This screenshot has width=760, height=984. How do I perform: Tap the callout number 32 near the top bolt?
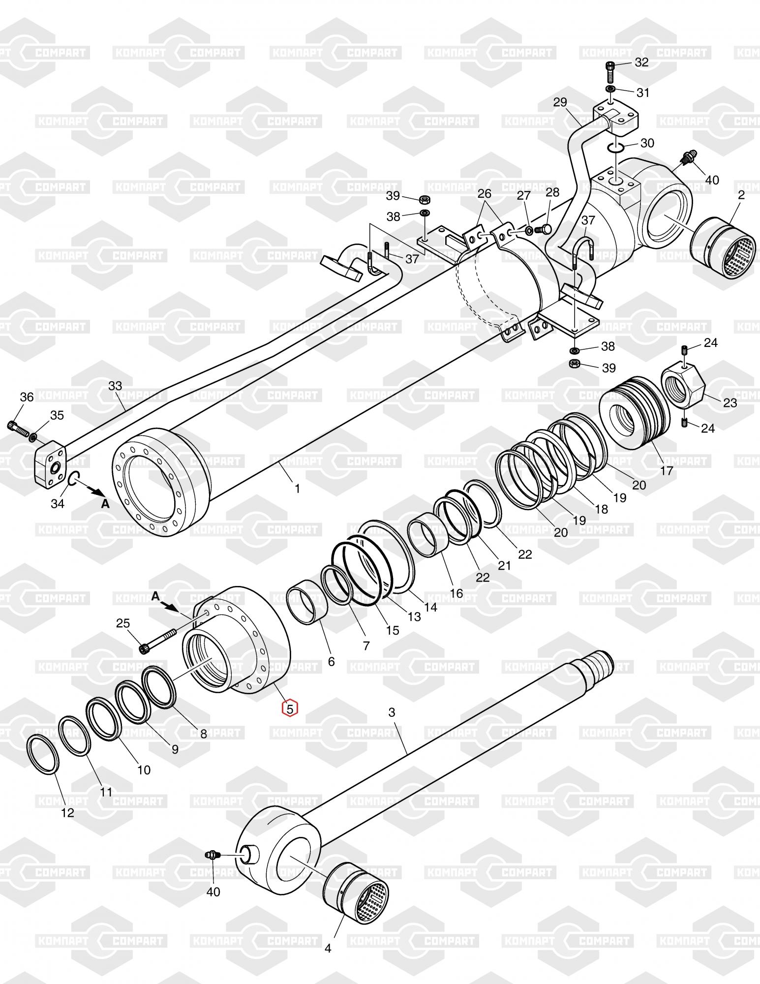(x=641, y=62)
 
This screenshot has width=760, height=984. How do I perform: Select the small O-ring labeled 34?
(x=73, y=478)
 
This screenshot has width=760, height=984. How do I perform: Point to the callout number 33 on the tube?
(x=115, y=386)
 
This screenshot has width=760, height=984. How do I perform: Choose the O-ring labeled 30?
(x=615, y=147)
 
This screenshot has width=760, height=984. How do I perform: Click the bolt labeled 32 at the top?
(x=609, y=72)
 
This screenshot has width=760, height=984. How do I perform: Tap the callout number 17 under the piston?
(x=666, y=471)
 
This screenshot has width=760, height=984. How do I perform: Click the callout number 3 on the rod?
(x=392, y=712)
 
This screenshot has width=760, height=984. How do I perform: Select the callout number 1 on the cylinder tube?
(x=297, y=489)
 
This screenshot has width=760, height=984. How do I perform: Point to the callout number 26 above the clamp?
(x=485, y=193)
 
